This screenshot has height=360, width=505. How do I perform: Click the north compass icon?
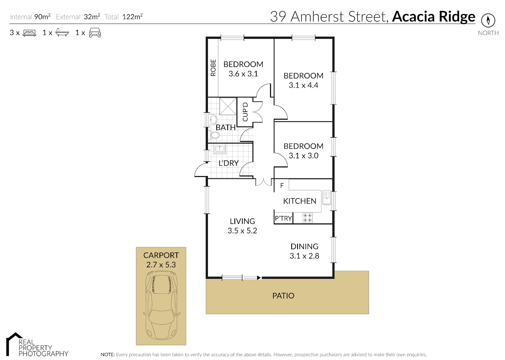tap(488, 21)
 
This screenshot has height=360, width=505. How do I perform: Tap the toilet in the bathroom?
tap(214, 135)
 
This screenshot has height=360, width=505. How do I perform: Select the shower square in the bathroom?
tap(228, 106)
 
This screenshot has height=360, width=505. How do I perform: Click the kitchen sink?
tap(327, 197)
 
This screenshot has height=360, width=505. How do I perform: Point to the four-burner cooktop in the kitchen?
tap(308, 218)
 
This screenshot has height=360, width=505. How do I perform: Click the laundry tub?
tap(219, 149)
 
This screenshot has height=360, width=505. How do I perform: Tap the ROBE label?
tap(213, 68)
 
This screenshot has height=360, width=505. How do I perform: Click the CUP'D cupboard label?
tap(245, 112)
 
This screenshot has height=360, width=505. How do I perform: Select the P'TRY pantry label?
tap(283, 218)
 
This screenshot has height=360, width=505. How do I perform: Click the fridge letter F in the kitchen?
tap(282, 185)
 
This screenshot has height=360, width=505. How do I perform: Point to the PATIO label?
tap(283, 296)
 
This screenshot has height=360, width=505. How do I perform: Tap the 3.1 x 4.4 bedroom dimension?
tap(303, 85)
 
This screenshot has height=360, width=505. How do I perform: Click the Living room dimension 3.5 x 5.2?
tap(242, 231)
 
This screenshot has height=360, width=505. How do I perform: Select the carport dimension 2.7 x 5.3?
tap(161, 264)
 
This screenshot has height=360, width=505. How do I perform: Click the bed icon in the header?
tap(29, 33)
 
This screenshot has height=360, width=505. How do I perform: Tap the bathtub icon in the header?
tap(62, 32)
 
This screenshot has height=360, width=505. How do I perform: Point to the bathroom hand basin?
tap(213, 119)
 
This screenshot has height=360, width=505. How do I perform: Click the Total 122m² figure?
tap(132, 17)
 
